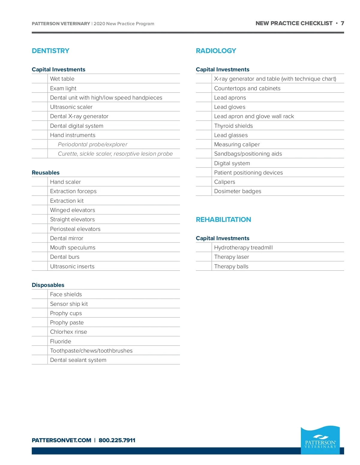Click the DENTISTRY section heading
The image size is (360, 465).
point(50,51)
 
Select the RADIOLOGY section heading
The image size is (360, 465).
point(216,51)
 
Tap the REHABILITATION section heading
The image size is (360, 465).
point(223,220)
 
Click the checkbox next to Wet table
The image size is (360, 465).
point(40,79)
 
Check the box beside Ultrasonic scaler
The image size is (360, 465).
point(40,107)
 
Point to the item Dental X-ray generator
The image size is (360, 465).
point(79,116)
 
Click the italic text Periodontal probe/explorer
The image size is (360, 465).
point(92,145)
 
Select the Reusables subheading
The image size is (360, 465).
point(46,173)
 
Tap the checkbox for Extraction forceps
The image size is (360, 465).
point(40,191)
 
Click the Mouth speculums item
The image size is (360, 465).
point(73,248)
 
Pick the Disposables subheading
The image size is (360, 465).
point(48,285)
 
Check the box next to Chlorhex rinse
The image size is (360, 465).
point(40,332)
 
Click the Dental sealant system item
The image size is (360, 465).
point(78,360)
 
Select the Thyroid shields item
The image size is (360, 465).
point(233,126)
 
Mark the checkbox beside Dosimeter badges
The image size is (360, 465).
point(204,191)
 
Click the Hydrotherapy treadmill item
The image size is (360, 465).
point(243,248)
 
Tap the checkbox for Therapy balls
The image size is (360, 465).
point(204,267)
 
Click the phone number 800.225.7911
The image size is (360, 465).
point(117,440)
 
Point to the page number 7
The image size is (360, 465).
point(342,23)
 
